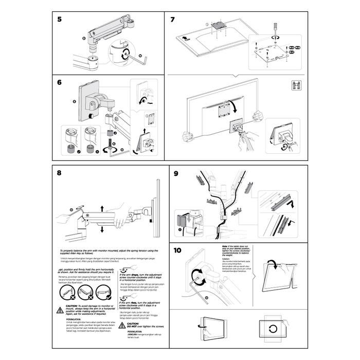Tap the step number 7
173,20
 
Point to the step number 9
176,173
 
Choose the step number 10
177,251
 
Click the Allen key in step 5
141,59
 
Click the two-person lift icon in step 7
296,86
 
